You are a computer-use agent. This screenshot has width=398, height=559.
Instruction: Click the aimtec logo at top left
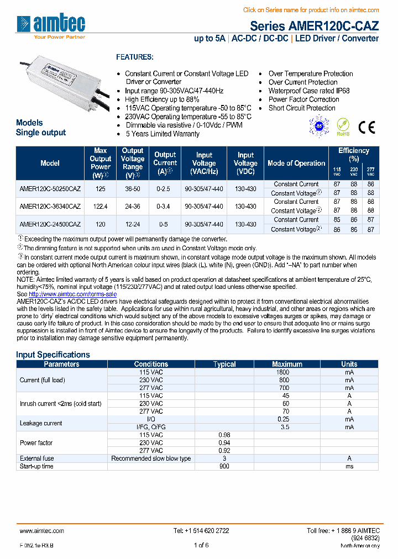(51, 25)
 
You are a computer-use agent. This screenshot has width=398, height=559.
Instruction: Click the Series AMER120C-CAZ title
(314, 26)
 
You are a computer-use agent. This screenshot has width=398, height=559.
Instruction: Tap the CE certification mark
(366, 127)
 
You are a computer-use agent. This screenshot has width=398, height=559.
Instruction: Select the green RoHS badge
(343, 126)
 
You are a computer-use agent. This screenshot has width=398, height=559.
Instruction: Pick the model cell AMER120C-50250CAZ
(50, 189)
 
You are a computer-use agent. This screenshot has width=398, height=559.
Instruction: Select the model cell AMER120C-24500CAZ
(50, 224)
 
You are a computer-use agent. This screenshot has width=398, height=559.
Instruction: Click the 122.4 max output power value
(101, 207)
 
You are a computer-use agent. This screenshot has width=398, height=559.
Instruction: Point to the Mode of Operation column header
(296, 164)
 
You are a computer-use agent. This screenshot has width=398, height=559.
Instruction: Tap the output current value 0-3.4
(165, 207)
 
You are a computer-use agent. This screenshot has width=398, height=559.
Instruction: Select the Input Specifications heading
(53, 355)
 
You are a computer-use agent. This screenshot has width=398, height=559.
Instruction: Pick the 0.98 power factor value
(224, 435)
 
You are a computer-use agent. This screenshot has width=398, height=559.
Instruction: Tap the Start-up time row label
(36, 466)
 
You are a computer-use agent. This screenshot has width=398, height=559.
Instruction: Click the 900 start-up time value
(224, 466)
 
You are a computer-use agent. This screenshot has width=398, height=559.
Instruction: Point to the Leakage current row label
(41, 423)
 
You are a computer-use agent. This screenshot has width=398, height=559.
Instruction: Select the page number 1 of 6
(201, 545)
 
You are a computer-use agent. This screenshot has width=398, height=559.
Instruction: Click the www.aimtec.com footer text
(41, 530)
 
